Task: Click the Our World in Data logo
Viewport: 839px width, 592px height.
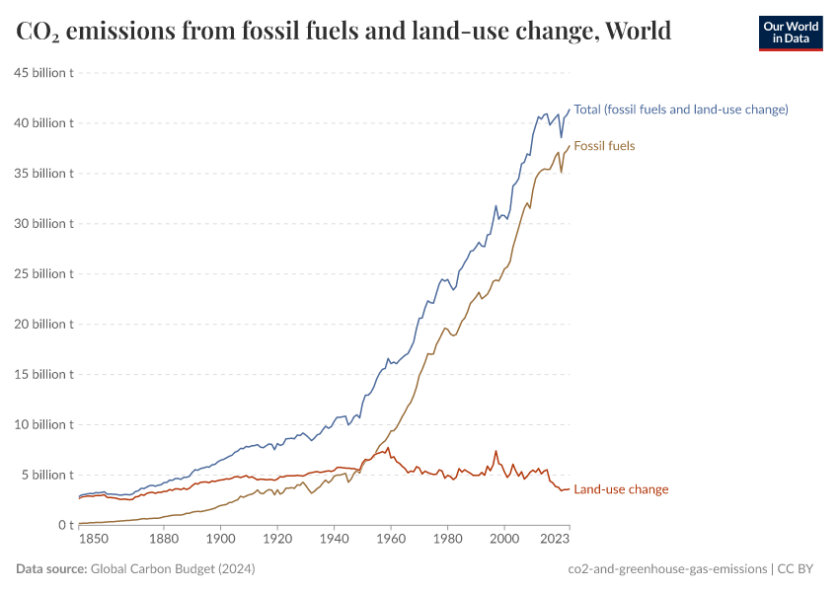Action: point(790,32)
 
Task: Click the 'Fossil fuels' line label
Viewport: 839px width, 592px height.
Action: point(604,146)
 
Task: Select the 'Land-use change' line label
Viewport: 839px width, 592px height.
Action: point(621,489)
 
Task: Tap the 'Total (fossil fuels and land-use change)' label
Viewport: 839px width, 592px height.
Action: point(681,110)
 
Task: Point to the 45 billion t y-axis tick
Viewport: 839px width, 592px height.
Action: point(43,73)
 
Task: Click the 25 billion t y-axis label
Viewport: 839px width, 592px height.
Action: point(43,273)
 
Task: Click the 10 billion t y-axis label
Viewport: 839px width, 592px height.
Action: point(43,424)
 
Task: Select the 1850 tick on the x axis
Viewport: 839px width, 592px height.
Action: point(93,540)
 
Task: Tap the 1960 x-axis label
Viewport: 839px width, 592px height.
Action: point(391,540)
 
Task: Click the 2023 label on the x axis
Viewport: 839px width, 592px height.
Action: point(555,540)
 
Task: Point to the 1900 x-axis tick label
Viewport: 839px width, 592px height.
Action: point(220,540)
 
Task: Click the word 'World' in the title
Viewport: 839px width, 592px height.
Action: point(639,32)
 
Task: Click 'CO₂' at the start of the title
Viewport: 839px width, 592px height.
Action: point(38,32)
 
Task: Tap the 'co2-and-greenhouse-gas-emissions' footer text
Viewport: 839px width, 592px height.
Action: point(668,569)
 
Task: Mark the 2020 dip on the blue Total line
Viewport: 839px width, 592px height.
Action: point(562,137)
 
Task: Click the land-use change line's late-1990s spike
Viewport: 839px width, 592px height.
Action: point(496,452)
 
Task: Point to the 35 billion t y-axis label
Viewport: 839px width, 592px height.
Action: point(43,173)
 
